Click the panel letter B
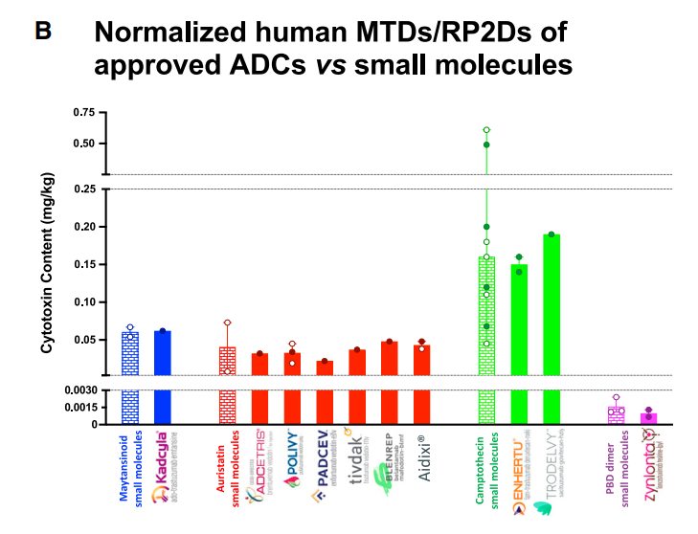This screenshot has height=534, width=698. point(43,31)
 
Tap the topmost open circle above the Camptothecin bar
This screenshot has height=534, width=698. point(486,129)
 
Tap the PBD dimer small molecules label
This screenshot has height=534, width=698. point(617,469)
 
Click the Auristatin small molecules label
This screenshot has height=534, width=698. point(227,470)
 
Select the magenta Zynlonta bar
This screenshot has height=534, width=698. point(649,418)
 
